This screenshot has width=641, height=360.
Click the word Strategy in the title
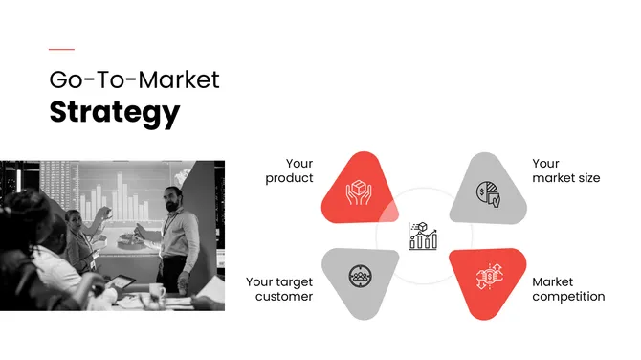[x=114, y=112]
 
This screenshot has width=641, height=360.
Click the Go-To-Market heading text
[x=134, y=79]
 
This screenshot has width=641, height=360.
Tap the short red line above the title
[x=61, y=49]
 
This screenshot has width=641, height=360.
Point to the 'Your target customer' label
[x=279, y=289]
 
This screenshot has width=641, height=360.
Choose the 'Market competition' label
[x=568, y=289]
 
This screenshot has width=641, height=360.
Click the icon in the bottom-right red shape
[x=489, y=277]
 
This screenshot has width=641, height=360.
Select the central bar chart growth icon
[x=422, y=236]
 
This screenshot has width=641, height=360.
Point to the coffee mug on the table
[x=156, y=288]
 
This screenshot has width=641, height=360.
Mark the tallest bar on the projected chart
[x=122, y=192]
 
